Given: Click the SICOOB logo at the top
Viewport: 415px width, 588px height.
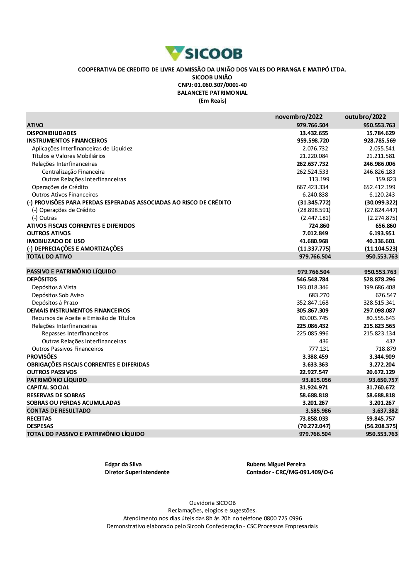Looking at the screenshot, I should pyautogui.click(x=204, y=54).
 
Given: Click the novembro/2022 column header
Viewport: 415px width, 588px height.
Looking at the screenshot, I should pyautogui.click(x=299, y=117).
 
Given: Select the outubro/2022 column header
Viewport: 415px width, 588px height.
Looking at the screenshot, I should pyautogui.click(x=365, y=117).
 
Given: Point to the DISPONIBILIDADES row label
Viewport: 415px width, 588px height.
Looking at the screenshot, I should pyautogui.click(x=52, y=133).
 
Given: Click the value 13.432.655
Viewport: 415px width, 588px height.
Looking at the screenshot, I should pyautogui.click(x=314, y=133).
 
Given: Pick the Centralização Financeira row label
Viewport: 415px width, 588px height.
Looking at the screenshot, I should pyautogui.click(x=73, y=172).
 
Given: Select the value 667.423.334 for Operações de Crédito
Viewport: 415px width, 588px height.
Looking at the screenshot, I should pyautogui.click(x=312, y=187).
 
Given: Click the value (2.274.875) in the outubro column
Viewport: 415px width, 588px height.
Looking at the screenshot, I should pyautogui.click(x=382, y=218).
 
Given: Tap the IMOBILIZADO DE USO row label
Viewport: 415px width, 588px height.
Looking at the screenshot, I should pyautogui.click(x=56, y=241).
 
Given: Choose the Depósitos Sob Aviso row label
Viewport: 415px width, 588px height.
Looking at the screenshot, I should pyautogui.click(x=58, y=295).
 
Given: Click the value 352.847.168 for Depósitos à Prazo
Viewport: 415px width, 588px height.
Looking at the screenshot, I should pyautogui.click(x=312, y=303).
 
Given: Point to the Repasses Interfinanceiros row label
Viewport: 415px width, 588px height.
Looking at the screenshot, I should pyautogui.click(x=75, y=333).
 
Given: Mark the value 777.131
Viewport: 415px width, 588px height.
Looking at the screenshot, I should pyautogui.click(x=319, y=349).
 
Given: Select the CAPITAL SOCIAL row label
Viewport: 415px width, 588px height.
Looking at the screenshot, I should pyautogui.click(x=48, y=387).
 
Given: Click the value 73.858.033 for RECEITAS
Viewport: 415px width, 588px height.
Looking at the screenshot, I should pyautogui.click(x=314, y=418).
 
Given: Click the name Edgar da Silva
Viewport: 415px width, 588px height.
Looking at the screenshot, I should pyautogui.click(x=123, y=464).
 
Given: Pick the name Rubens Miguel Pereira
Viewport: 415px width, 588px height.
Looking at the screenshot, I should pyautogui.click(x=276, y=464).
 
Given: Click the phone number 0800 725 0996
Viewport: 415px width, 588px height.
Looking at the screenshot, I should pyautogui.click(x=283, y=518).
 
